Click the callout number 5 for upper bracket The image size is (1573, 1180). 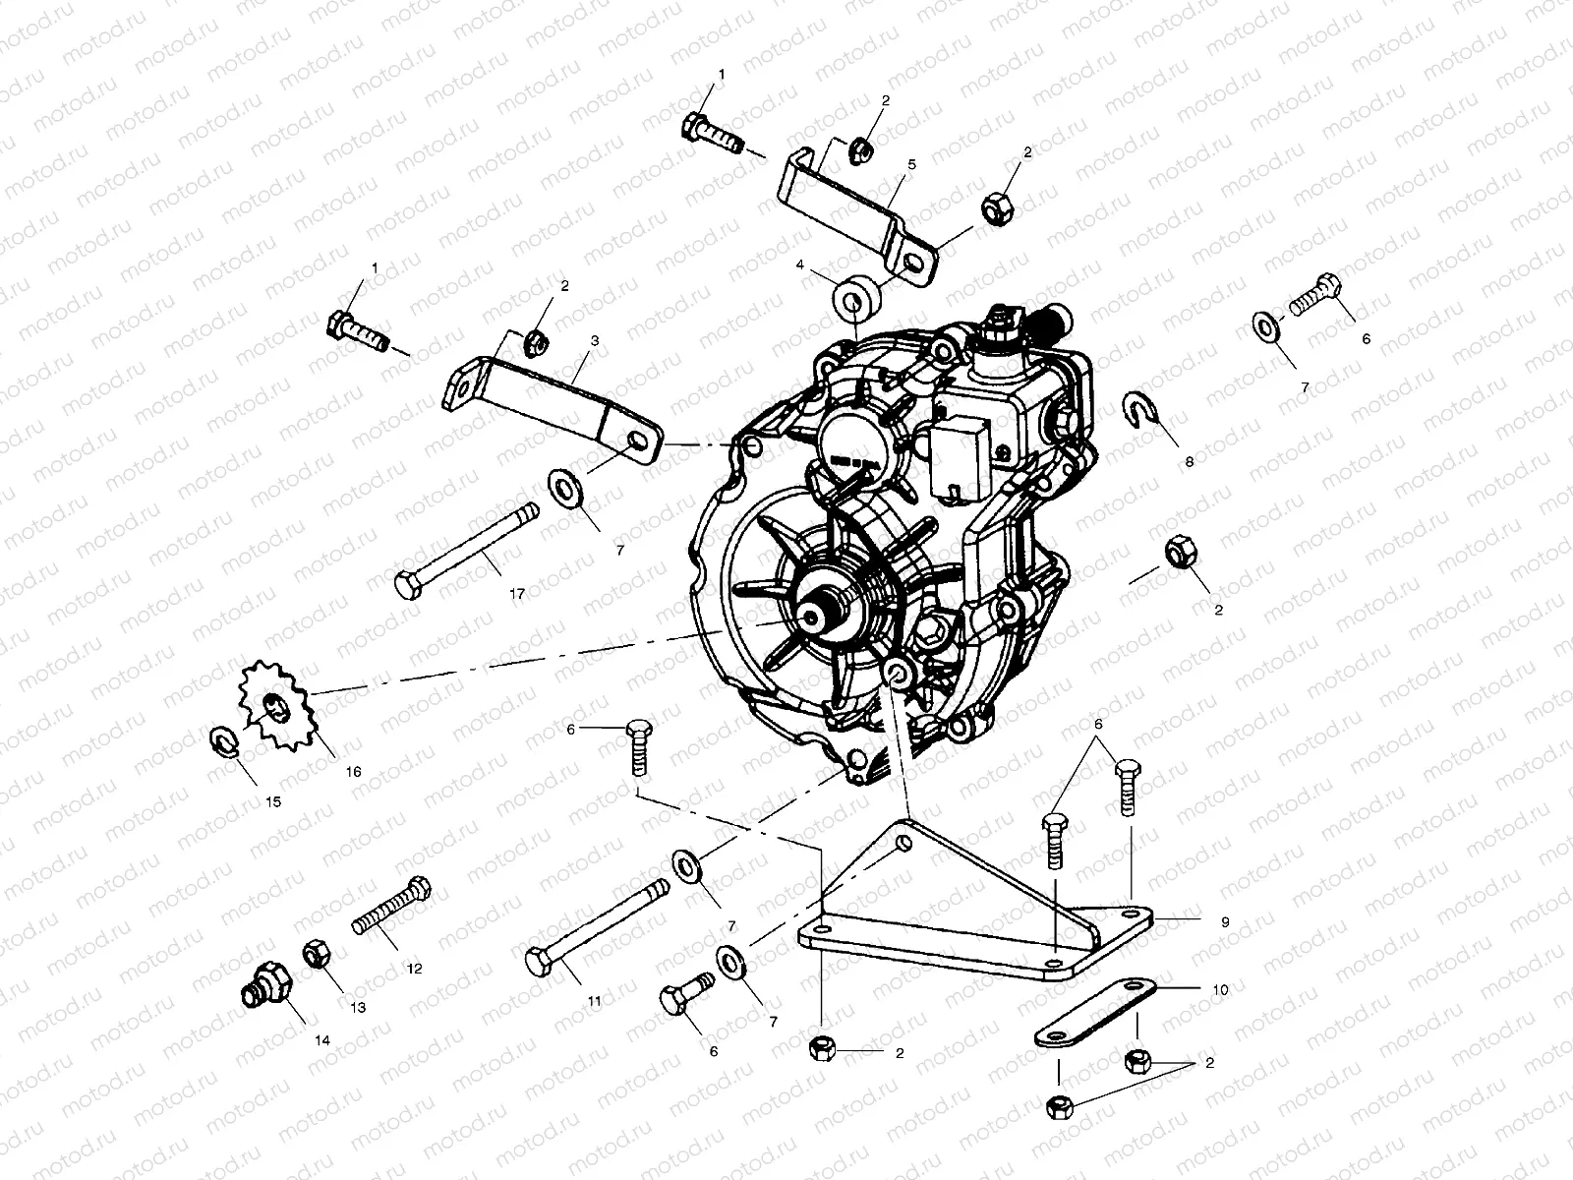[x=910, y=165]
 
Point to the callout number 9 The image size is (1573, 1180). [x=1224, y=922]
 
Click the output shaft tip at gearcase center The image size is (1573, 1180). [x=812, y=616]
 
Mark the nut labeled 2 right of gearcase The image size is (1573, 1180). [x=1178, y=553]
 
